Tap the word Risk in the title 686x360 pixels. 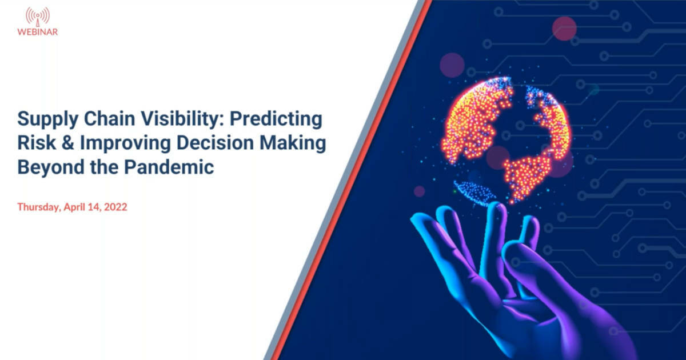click(x=33, y=144)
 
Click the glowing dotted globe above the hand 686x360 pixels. click(x=509, y=137)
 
